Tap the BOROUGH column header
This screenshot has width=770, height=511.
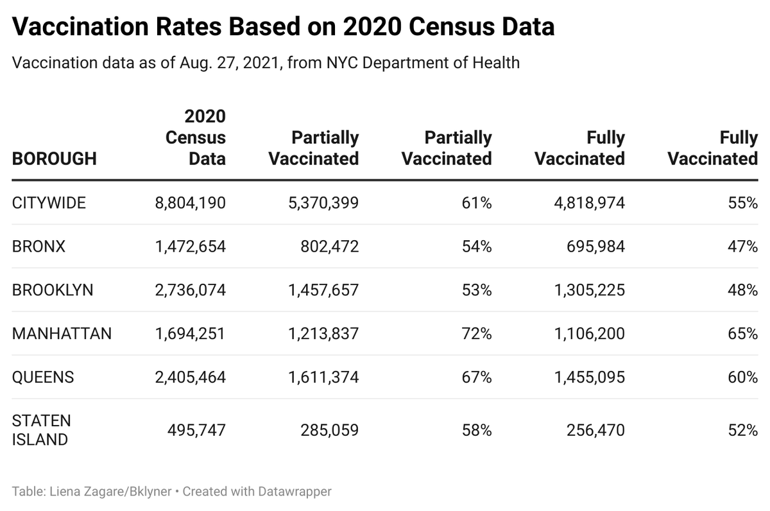[x=55, y=159]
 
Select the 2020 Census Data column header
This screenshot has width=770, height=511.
[x=196, y=137]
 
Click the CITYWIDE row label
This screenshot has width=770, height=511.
[x=49, y=203]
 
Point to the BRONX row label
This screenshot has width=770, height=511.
[x=38, y=247]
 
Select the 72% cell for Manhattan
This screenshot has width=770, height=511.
[x=477, y=334]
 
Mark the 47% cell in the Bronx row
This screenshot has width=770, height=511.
[x=743, y=247]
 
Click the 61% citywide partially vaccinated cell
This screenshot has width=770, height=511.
[x=477, y=203]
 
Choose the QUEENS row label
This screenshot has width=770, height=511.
[x=43, y=377]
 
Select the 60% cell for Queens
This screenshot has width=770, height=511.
[x=743, y=377]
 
